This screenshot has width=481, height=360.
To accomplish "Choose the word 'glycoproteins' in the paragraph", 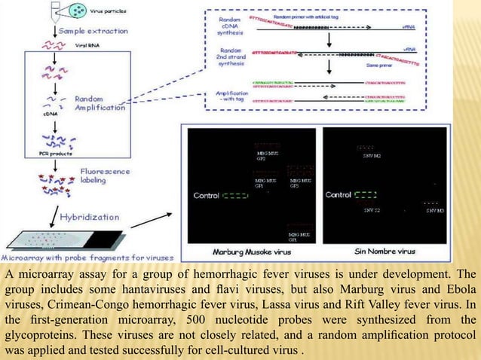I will point(39,336).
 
